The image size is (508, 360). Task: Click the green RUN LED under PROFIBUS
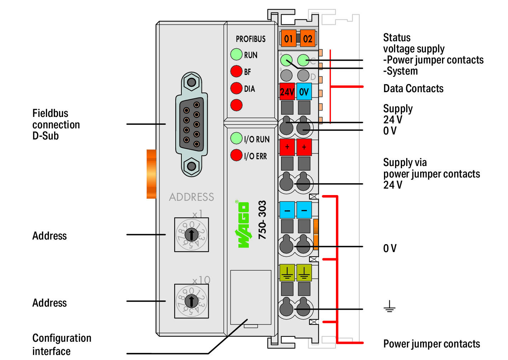click(236, 55)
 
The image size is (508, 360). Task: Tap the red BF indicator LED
click(236, 71)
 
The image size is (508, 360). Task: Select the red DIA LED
click(236, 88)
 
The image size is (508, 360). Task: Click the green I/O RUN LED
click(236, 138)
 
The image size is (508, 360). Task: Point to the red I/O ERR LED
click(236, 155)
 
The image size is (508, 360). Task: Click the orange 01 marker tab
click(289, 38)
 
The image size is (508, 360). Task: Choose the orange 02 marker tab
click(308, 38)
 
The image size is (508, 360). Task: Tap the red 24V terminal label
click(287, 92)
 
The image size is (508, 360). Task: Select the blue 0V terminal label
click(304, 92)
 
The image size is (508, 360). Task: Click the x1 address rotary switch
click(191, 235)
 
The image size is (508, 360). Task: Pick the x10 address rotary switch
click(191, 301)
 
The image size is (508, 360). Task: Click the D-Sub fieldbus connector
click(191, 124)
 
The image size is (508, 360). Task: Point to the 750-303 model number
click(262, 220)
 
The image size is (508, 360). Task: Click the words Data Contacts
click(413, 89)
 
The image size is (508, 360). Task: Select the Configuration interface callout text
click(62, 344)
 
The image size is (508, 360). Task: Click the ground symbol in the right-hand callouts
click(389, 306)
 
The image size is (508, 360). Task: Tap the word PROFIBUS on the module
click(251, 39)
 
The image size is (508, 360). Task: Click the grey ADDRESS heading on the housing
click(191, 197)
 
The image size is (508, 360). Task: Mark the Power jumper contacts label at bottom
click(432, 344)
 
